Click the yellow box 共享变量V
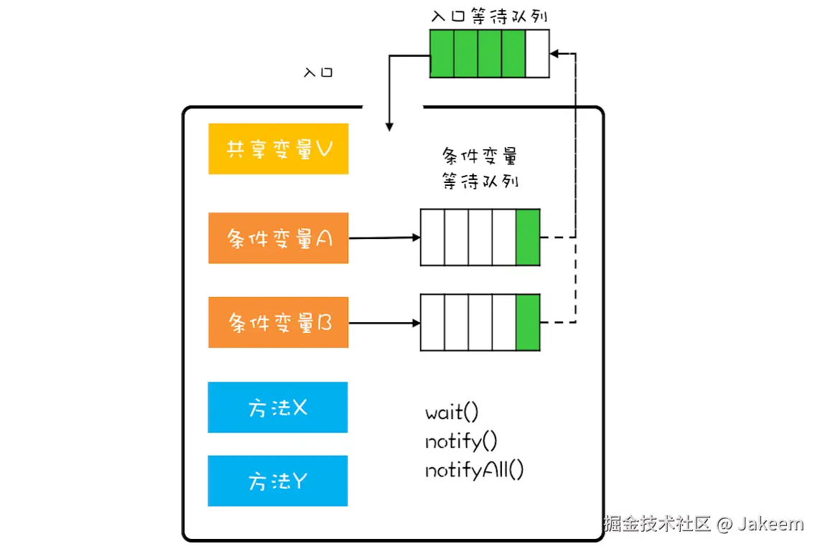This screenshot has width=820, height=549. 278,149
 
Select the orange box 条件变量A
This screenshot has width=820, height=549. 278,238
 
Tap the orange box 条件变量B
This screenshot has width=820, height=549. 278,323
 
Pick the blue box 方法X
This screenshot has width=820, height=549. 277,408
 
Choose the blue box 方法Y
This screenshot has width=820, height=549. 277,481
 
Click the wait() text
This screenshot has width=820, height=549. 451,413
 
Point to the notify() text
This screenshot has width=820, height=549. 461,441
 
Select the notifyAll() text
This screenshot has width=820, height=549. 474,470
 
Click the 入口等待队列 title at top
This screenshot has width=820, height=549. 490,16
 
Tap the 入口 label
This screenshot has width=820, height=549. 318,72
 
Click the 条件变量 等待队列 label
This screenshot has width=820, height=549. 480,169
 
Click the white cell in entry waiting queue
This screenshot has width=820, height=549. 537,53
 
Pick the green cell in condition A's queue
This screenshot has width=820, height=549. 528,237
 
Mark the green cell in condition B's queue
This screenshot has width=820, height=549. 528,322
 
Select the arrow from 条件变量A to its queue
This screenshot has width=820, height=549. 384,238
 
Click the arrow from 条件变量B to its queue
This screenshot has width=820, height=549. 384,323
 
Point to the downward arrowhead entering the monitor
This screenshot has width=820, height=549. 389,126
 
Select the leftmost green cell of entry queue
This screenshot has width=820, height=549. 442,53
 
